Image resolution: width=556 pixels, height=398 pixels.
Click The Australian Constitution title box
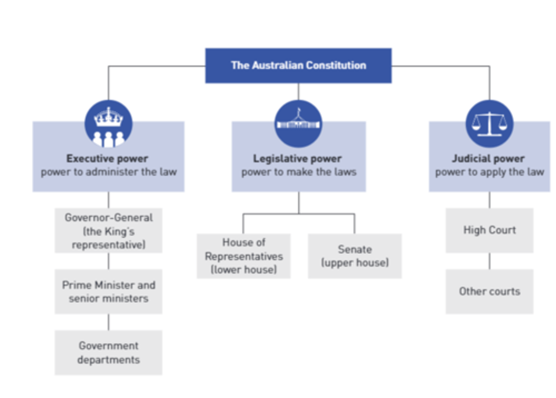[x=298, y=66]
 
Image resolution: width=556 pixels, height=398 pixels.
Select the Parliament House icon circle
[x=298, y=124]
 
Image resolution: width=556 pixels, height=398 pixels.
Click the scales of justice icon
[x=489, y=124]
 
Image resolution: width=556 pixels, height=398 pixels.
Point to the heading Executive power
[x=107, y=159]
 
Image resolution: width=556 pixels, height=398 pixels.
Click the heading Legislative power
[x=297, y=159]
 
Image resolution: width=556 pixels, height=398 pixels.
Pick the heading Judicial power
[x=488, y=159]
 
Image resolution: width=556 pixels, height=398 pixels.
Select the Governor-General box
[x=108, y=231]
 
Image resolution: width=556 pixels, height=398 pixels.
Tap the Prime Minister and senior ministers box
[x=108, y=291]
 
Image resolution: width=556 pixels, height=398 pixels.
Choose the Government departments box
[x=108, y=352]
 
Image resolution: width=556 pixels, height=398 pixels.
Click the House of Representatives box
[x=244, y=256]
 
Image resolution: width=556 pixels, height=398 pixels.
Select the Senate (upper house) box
[x=355, y=256]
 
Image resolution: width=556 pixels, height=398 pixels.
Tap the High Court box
[x=489, y=230]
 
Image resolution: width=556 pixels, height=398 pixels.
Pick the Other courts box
[x=489, y=291]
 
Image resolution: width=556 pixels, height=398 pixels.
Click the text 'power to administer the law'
[x=108, y=172]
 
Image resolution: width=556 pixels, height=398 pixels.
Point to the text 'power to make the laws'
[x=299, y=172]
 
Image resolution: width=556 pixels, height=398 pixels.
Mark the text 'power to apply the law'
[x=489, y=172]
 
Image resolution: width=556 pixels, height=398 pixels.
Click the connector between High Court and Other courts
[x=490, y=261]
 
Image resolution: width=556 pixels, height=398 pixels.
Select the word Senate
[x=355, y=249]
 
